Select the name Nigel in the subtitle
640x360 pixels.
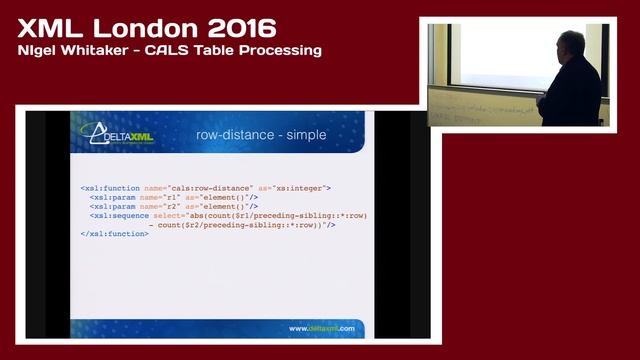(x=38, y=50)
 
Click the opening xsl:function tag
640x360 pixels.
(x=109, y=187)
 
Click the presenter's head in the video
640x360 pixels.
(x=570, y=45)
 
